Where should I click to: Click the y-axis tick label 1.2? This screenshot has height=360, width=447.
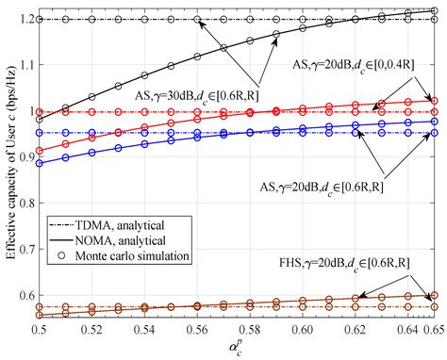pyautogui.click(x=25, y=19)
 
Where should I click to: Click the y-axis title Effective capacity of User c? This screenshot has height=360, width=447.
pyautogui.click(x=8, y=160)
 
